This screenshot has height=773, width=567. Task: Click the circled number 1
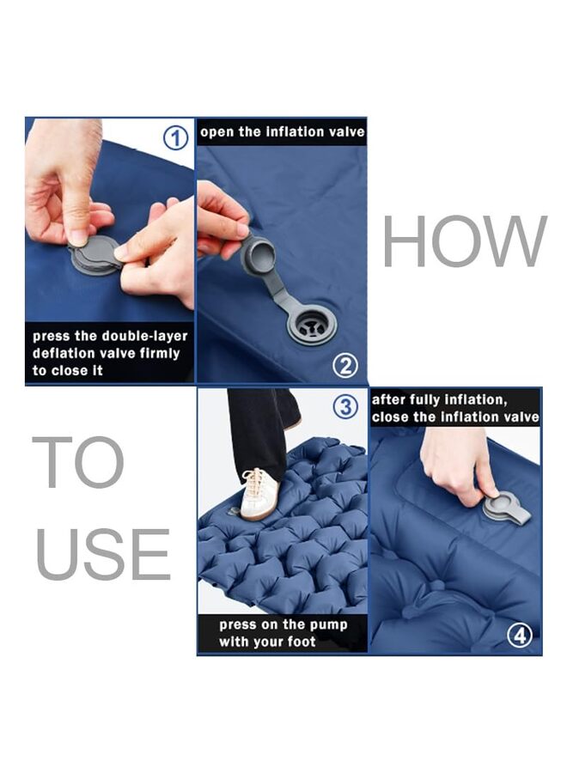pos(176,137)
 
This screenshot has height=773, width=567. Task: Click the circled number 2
pos(344,366)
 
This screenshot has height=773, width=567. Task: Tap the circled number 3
pos(345,406)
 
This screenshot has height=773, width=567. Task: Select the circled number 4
pos(519,636)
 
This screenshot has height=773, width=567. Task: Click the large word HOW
pos(464,242)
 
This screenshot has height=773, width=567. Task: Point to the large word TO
pos(78,462)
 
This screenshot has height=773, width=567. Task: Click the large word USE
pos(103,554)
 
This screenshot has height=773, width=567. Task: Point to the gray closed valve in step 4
pos(507,508)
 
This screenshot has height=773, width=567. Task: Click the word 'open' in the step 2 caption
pos(218,132)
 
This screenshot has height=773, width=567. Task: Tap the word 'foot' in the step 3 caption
pos(300,642)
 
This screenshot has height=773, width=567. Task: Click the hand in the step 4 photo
pos(455,464)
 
